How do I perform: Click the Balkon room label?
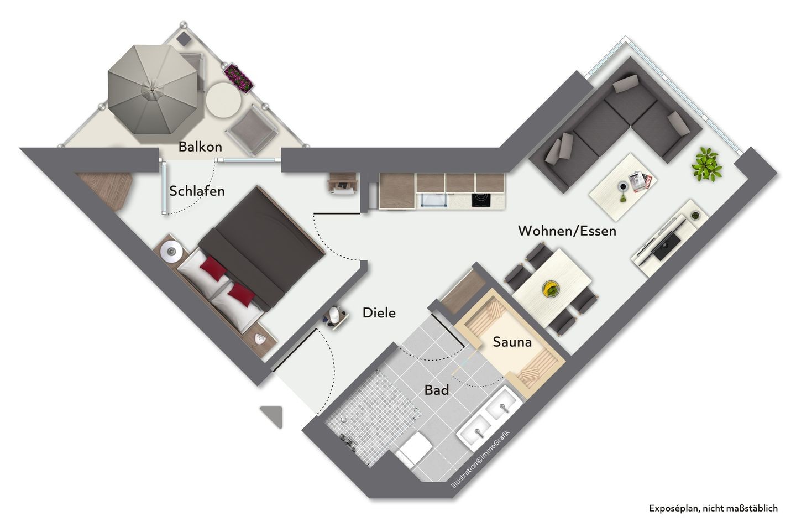click(200, 147)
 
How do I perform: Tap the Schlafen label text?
click(197, 191)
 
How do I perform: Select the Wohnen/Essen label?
click(567, 231)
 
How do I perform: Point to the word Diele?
click(379, 313)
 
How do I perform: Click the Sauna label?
click(512, 342)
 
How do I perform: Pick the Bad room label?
click(436, 390)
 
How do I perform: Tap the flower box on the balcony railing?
click(239, 78)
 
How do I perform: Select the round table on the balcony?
click(223, 101)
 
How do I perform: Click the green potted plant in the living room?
click(707, 165)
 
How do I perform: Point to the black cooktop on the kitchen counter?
click(481, 200)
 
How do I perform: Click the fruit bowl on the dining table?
click(551, 289)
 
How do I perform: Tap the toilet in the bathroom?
click(413, 450)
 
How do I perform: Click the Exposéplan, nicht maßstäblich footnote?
click(713, 508)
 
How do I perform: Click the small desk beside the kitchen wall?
click(342, 183)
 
